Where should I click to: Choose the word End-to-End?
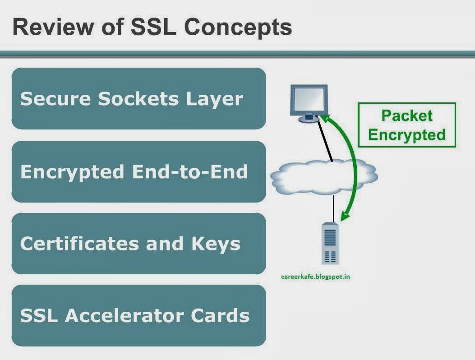(x=189, y=172)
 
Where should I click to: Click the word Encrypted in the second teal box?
(x=72, y=172)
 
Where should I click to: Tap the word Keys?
(x=216, y=244)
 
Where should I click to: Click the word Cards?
(x=220, y=315)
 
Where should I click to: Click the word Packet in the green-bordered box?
(x=406, y=115)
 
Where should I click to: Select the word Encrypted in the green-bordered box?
(x=406, y=134)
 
